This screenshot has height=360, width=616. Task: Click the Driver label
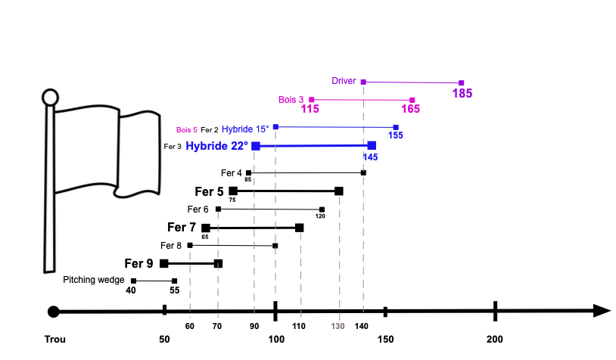[344, 81]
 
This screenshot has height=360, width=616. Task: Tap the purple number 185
[462, 94]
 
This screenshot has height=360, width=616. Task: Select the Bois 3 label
[291, 100]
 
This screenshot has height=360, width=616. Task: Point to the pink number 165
[410, 109]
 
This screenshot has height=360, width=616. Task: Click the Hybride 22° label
[217, 146]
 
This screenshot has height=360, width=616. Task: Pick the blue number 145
[371, 157]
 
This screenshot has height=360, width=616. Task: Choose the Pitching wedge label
[94, 280]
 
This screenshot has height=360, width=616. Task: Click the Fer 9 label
[138, 263]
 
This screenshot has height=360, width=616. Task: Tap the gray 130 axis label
[338, 326]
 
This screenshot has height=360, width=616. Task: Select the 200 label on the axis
[495, 339]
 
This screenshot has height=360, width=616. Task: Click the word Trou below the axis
[55, 339]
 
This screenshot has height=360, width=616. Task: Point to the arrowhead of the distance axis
[602, 311]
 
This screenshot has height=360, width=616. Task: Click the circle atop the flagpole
[50, 98]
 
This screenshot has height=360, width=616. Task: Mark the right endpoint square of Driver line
[462, 83]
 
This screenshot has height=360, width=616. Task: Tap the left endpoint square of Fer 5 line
[233, 191]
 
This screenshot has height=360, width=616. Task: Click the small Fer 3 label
[173, 147]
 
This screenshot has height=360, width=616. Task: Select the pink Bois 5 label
[187, 130]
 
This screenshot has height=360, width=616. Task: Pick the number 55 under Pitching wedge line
[174, 290]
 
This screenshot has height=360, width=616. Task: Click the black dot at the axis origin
[54, 312]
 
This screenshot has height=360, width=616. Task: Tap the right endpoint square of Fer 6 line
[322, 209]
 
